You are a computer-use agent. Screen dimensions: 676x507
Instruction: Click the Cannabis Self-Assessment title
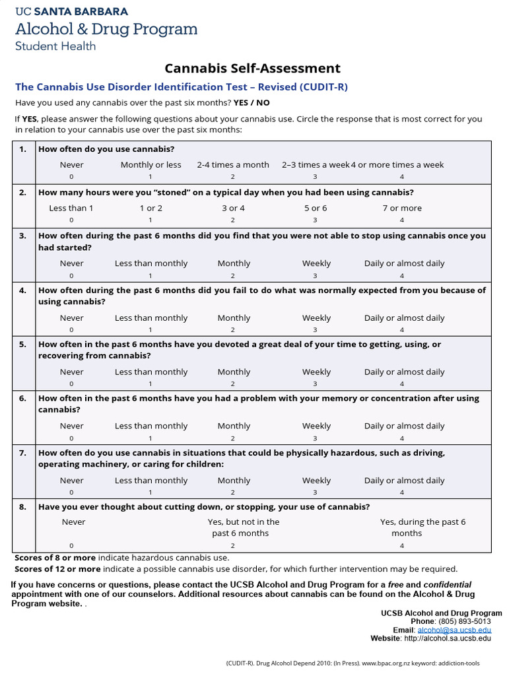click(x=252, y=68)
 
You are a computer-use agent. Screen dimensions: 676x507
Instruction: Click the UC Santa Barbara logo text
click(x=72, y=12)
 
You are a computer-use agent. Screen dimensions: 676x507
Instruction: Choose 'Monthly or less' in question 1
click(x=151, y=165)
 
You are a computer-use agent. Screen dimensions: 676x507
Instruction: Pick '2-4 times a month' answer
click(x=233, y=165)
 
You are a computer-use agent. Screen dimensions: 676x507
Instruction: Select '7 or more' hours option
click(x=401, y=208)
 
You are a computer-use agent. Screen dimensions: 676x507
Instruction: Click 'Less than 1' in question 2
click(x=71, y=208)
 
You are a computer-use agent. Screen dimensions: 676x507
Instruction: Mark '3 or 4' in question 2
click(x=233, y=208)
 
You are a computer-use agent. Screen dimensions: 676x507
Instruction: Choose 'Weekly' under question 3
click(x=316, y=263)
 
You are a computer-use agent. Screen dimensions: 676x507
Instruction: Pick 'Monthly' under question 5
click(x=234, y=372)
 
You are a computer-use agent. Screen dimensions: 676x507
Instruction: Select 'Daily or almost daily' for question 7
click(x=404, y=481)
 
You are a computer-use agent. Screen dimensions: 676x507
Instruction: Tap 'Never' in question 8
click(x=74, y=522)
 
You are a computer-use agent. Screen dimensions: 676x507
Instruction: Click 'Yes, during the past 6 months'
click(x=422, y=527)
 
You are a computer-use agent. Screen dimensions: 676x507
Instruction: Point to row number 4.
click(x=22, y=290)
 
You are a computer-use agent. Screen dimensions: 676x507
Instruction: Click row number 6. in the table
click(x=22, y=399)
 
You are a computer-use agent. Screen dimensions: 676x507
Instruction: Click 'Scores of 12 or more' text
click(x=58, y=569)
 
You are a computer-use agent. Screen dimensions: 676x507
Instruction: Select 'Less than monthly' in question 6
click(x=151, y=426)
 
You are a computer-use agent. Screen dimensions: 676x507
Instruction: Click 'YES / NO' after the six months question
click(x=252, y=103)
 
